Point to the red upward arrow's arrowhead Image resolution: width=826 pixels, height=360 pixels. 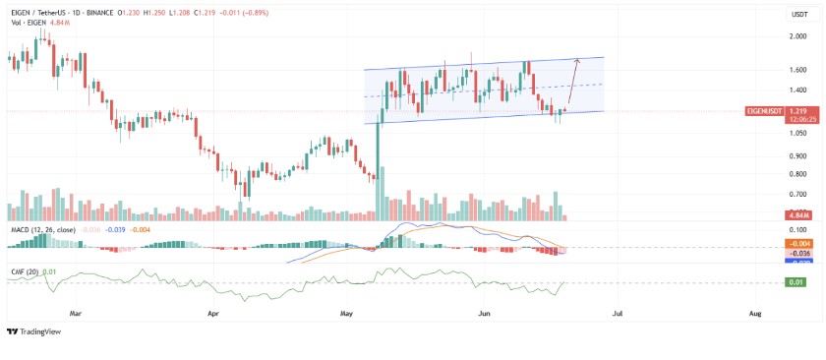[577, 61]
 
